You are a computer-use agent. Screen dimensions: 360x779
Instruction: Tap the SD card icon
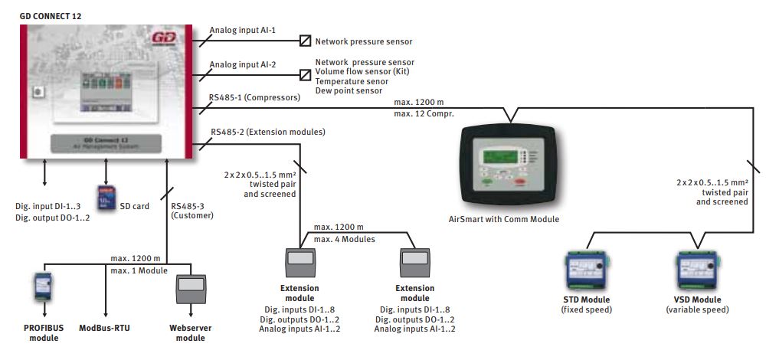(106, 198)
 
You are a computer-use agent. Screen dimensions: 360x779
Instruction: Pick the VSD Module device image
(696, 267)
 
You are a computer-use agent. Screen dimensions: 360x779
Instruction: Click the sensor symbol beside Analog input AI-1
(305, 41)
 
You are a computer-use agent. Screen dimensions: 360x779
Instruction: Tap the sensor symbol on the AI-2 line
(305, 77)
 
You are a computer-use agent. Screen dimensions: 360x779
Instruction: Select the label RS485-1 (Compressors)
(254, 98)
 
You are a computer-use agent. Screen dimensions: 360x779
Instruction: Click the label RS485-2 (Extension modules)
(267, 132)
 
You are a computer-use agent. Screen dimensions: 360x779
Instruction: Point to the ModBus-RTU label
(106, 328)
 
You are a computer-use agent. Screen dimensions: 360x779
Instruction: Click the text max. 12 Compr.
(425, 113)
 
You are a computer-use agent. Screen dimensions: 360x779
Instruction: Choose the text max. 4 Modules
(344, 239)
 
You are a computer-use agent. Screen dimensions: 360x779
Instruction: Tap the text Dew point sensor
(349, 91)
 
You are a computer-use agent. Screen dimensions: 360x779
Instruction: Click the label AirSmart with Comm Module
(504, 219)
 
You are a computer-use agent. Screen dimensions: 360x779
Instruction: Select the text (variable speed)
(697, 310)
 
